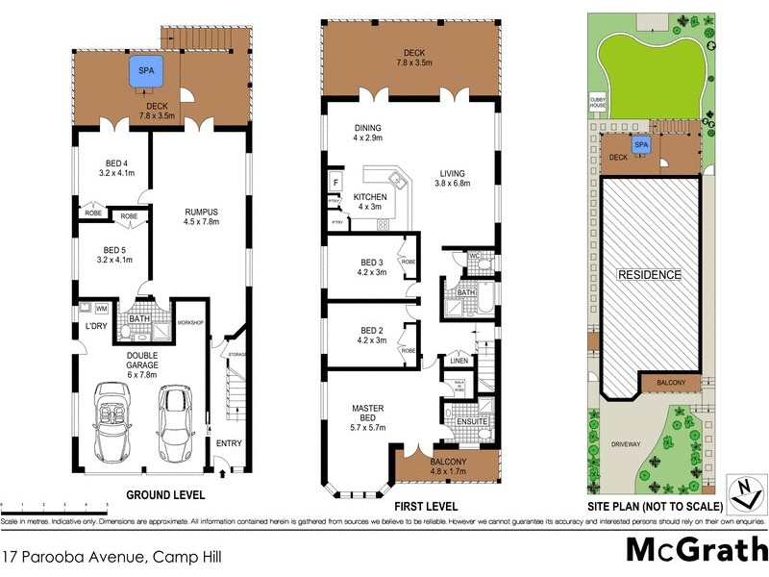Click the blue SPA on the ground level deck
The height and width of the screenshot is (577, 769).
pyautogui.click(x=146, y=71)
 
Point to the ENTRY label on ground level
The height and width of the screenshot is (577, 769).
pyautogui.click(x=229, y=443)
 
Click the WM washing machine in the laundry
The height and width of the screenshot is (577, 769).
pyautogui.click(x=100, y=309)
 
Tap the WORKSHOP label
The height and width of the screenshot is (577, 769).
pyautogui.click(x=191, y=322)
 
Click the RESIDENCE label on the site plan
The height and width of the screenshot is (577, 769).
pyautogui.click(x=649, y=275)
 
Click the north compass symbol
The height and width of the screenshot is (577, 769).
pyautogui.click(x=742, y=492)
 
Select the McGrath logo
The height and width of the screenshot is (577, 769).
pyautogui.click(x=696, y=549)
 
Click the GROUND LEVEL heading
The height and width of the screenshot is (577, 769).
pyautogui.click(x=166, y=495)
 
